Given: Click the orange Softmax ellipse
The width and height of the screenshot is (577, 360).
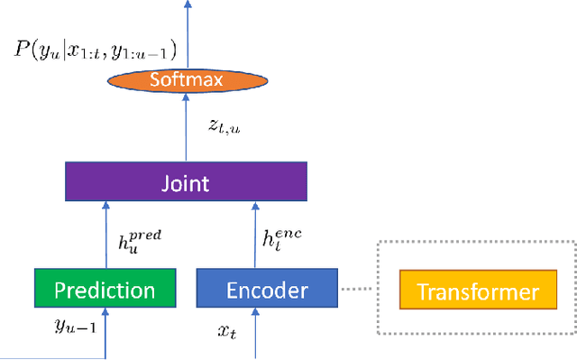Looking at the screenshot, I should tap(188, 81).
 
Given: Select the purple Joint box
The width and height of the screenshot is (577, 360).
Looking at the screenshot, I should tap(185, 184).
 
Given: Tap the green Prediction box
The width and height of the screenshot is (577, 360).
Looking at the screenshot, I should tap(105, 291).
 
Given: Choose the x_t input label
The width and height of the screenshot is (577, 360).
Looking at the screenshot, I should tap(228, 330).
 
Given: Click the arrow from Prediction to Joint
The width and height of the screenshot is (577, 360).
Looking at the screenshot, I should tap(105, 236).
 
